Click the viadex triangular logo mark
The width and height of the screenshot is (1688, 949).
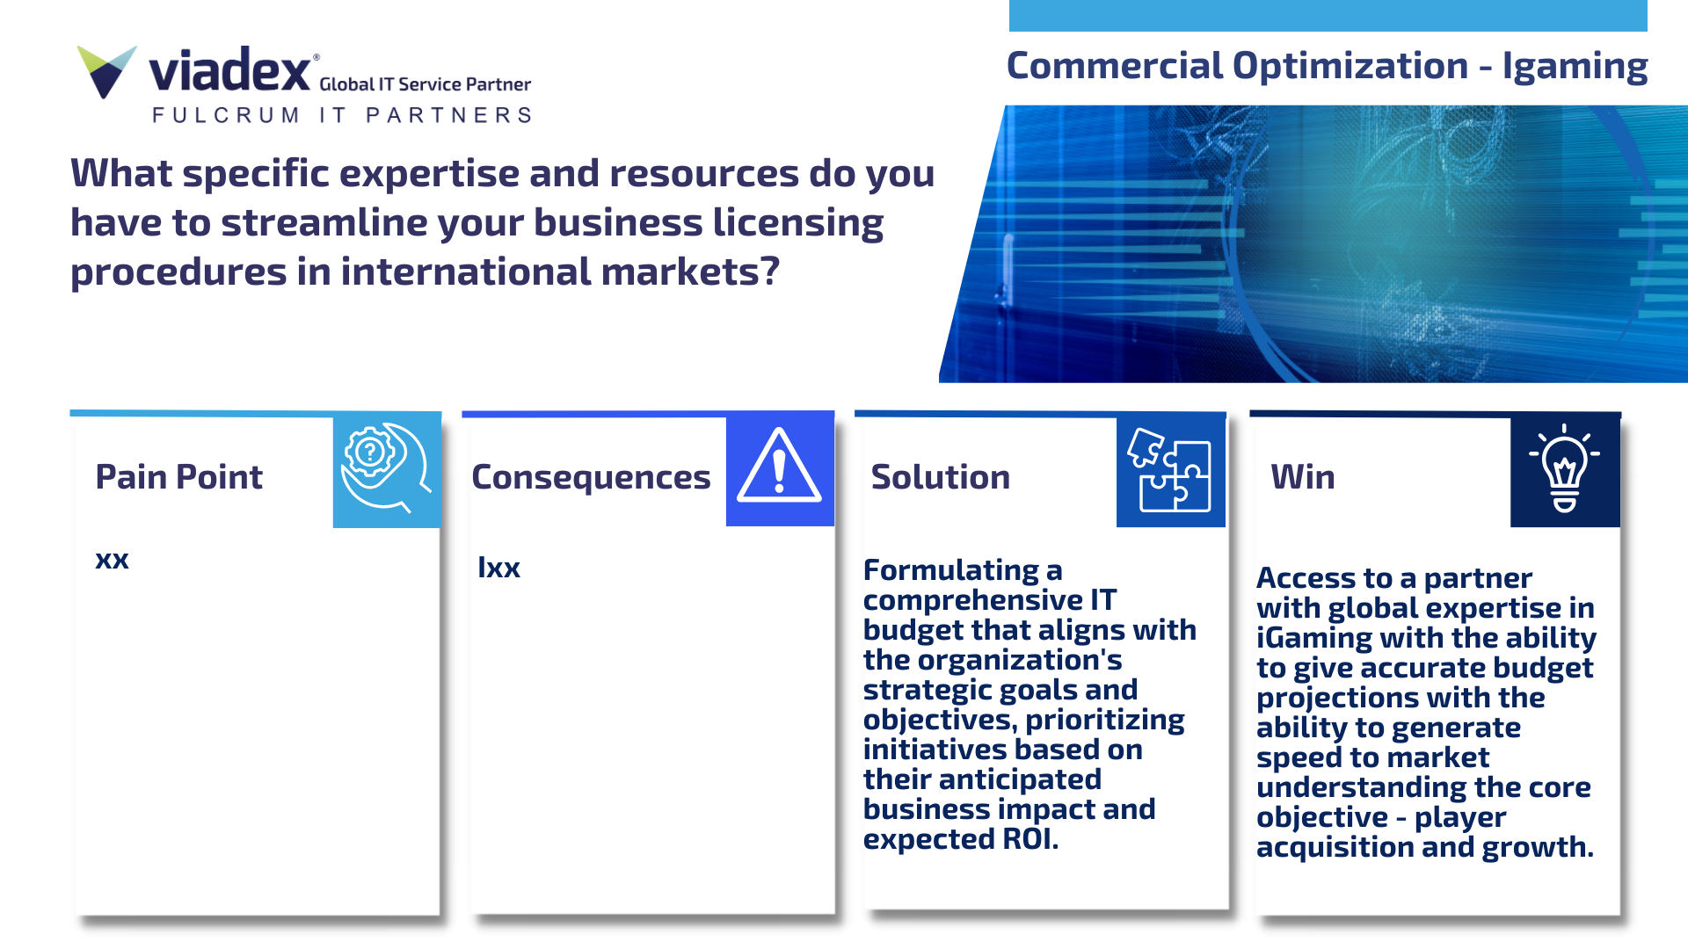click(106, 71)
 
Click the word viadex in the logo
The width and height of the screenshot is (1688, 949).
click(229, 70)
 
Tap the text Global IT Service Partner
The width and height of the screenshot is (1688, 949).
click(425, 84)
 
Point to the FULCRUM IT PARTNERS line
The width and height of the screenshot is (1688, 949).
click(342, 115)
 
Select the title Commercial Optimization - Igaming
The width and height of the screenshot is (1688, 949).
click(1327, 67)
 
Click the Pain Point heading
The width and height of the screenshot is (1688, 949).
click(178, 477)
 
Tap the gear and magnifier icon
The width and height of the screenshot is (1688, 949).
click(386, 467)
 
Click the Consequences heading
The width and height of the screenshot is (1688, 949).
click(591, 478)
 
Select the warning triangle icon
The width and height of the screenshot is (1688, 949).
click(779, 466)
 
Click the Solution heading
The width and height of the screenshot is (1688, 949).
click(940, 477)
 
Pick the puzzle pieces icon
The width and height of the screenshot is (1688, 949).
click(1170, 469)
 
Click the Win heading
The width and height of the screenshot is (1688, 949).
click(1303, 477)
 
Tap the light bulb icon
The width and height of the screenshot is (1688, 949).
click(1564, 467)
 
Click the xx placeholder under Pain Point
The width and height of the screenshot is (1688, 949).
click(112, 560)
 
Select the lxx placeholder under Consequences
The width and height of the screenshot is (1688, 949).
click(498, 568)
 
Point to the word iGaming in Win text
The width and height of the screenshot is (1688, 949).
click(1314, 639)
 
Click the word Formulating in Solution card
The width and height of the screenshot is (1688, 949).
click(951, 571)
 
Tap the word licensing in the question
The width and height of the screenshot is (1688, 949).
click(797, 224)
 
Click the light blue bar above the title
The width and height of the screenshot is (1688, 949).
click(1328, 16)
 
